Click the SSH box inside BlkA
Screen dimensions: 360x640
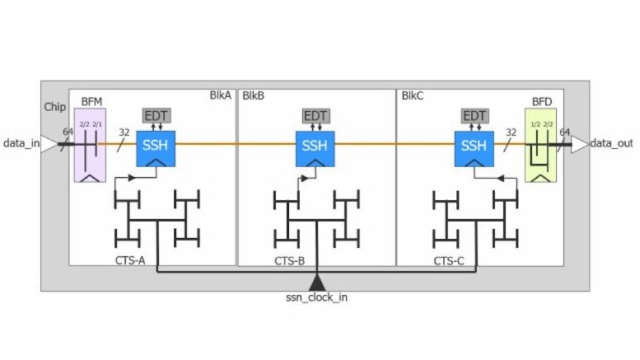coord(155,147)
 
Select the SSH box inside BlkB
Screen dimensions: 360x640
coord(314,147)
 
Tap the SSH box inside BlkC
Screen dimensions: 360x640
coord(474,147)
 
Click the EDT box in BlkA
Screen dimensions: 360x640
coord(155,116)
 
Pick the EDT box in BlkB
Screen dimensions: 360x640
coord(314,116)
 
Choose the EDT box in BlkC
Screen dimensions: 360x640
coord(474,116)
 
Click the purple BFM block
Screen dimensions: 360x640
coord(90,145)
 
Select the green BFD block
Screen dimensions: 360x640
coord(540,145)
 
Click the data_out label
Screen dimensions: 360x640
coord(612,144)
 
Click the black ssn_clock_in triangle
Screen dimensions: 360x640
coord(317,282)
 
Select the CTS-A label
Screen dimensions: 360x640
coord(130,261)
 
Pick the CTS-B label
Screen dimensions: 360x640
coord(289,261)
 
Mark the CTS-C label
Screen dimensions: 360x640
coord(449,261)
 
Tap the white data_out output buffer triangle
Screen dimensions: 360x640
coord(580,144)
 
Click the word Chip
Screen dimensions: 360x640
coord(54,107)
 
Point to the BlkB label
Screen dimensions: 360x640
coord(252,95)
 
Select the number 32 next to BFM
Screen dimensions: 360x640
coord(124,132)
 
